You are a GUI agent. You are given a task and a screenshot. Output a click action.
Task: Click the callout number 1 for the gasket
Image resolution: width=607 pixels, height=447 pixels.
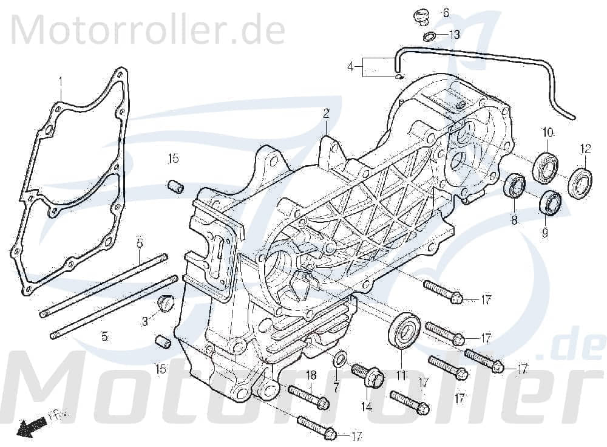pyautogui.click(x=61, y=80)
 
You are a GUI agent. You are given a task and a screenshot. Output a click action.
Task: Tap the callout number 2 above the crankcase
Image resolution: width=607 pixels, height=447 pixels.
pyautogui.click(x=326, y=113)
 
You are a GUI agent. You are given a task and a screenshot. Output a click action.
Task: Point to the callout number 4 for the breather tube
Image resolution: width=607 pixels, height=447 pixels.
pyautogui.click(x=350, y=67)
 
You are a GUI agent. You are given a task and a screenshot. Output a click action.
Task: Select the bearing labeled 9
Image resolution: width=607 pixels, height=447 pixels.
pyautogui.click(x=551, y=202)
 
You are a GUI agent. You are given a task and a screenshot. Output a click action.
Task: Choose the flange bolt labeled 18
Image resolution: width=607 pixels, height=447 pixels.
pyautogui.click(x=309, y=396)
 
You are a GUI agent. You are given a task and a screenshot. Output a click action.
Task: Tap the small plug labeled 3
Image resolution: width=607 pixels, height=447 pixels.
pyautogui.click(x=164, y=302)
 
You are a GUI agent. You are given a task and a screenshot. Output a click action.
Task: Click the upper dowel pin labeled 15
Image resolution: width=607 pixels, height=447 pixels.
pyautogui.click(x=175, y=186)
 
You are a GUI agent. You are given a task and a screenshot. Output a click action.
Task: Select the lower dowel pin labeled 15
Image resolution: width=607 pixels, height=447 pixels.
pyautogui.click(x=162, y=342)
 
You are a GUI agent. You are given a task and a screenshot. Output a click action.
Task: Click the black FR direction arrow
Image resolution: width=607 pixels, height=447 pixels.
pyautogui.click(x=27, y=428)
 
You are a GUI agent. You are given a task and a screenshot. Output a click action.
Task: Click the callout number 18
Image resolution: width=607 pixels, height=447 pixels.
pyautogui.click(x=311, y=375)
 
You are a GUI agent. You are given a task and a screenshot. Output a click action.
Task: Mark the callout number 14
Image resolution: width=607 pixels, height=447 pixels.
pyautogui.click(x=367, y=407)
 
